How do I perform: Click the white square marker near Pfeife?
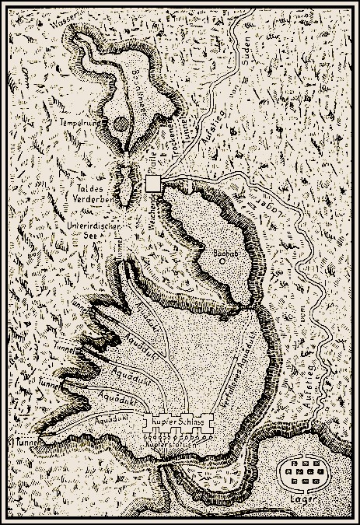tap(154, 183)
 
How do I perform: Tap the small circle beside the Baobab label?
tap(222, 262)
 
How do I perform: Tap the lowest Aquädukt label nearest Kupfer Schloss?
tap(107, 421)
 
